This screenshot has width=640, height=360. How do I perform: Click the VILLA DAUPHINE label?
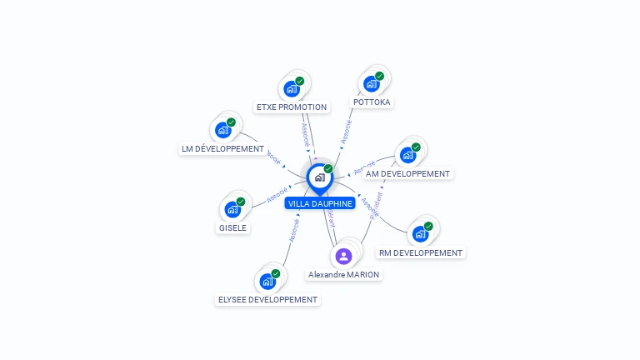(320, 203)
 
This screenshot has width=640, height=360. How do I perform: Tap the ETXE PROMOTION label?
(292, 107)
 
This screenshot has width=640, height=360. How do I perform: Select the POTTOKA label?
(372, 102)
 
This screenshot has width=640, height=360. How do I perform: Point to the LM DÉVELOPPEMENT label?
(222, 148)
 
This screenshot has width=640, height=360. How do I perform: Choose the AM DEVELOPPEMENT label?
(408, 173)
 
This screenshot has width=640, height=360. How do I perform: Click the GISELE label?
(233, 227)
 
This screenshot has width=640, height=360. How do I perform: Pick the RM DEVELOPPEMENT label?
(421, 252)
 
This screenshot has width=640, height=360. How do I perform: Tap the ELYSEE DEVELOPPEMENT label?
(267, 299)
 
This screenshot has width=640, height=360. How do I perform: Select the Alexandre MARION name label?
(343, 274)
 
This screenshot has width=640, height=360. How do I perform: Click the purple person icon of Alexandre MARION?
(343, 256)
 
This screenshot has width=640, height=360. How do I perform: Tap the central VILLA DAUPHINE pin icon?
(319, 177)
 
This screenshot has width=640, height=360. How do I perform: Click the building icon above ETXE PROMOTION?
(291, 88)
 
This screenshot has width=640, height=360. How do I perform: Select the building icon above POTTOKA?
(371, 83)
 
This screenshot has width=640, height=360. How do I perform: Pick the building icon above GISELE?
(232, 208)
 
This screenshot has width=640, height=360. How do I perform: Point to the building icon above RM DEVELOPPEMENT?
(420, 233)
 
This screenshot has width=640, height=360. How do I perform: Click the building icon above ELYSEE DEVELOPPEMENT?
(267, 281)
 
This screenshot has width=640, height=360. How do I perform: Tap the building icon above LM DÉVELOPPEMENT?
(222, 129)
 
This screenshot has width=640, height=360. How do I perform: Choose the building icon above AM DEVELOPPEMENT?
(407, 154)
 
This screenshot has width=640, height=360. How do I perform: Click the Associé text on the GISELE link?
(277, 197)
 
